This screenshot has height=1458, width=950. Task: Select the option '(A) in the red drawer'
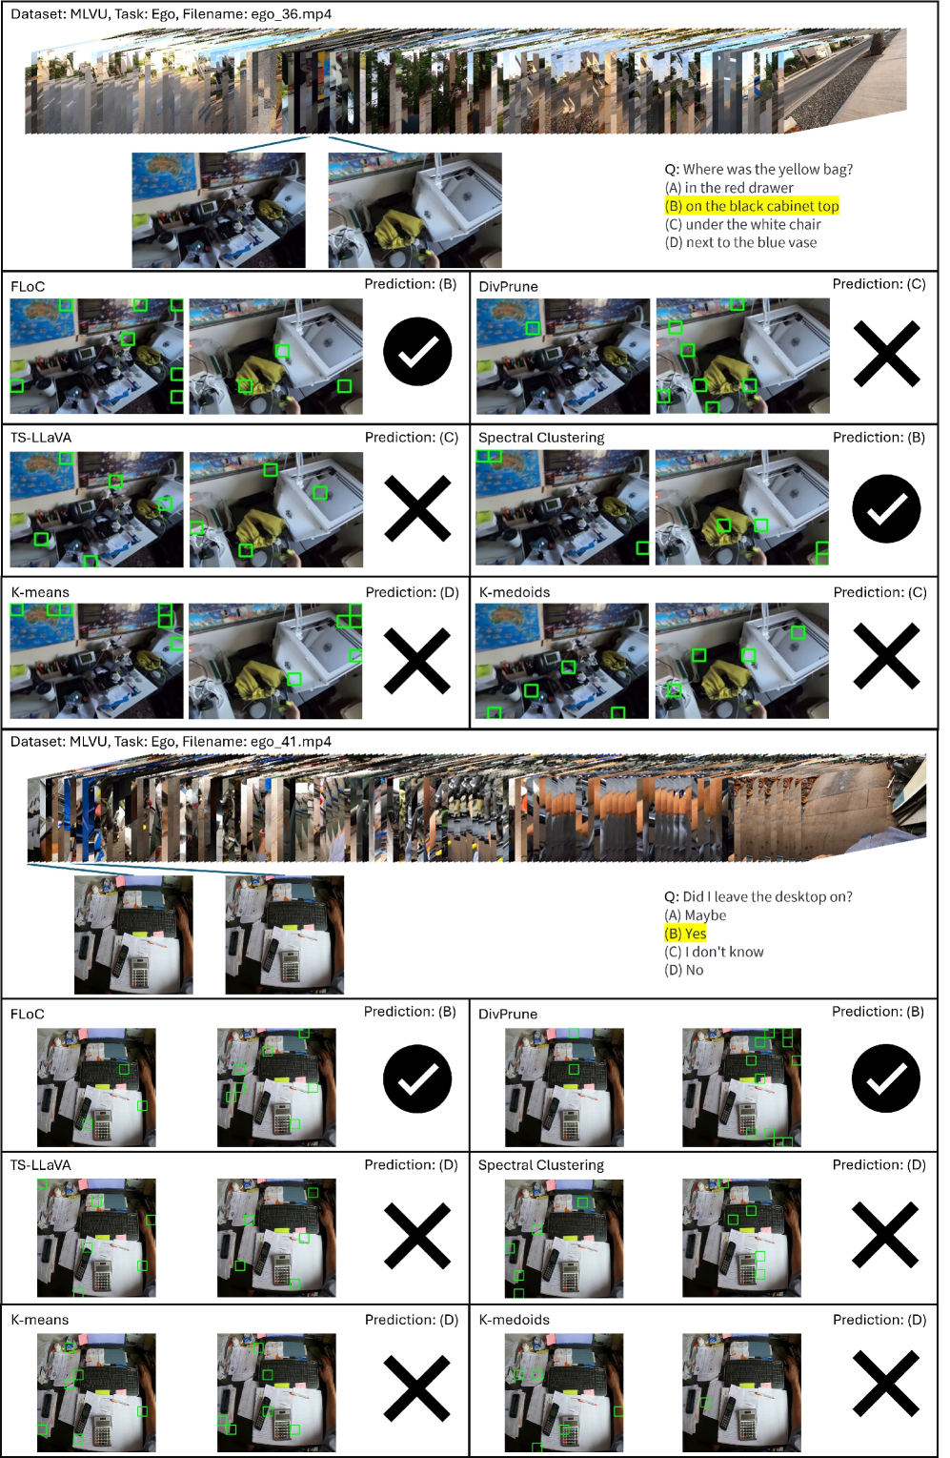[x=729, y=188]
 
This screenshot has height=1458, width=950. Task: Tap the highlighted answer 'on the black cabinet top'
[x=762, y=206]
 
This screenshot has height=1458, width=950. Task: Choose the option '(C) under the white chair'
[x=742, y=224]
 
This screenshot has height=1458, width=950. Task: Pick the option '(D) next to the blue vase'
[x=740, y=243]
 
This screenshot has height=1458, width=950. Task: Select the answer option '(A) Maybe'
[x=695, y=915]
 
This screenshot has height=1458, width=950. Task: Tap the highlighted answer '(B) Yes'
[x=685, y=934]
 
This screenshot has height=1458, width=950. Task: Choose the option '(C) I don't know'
[x=714, y=952]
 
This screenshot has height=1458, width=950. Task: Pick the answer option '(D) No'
[x=684, y=970]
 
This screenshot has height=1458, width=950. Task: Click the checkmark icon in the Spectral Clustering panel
[x=886, y=508]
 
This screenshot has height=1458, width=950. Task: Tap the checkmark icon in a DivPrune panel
[x=885, y=1078]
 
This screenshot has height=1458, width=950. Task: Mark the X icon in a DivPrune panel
[x=886, y=354]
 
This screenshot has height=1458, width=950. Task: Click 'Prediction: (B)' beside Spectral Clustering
[x=879, y=438]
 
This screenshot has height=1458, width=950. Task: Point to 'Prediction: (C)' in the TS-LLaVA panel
[x=412, y=438]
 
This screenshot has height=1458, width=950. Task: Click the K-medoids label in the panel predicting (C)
[x=515, y=592]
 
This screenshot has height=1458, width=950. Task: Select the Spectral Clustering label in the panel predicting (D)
[x=541, y=1165]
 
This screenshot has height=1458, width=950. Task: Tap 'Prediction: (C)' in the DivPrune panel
[x=879, y=284]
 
